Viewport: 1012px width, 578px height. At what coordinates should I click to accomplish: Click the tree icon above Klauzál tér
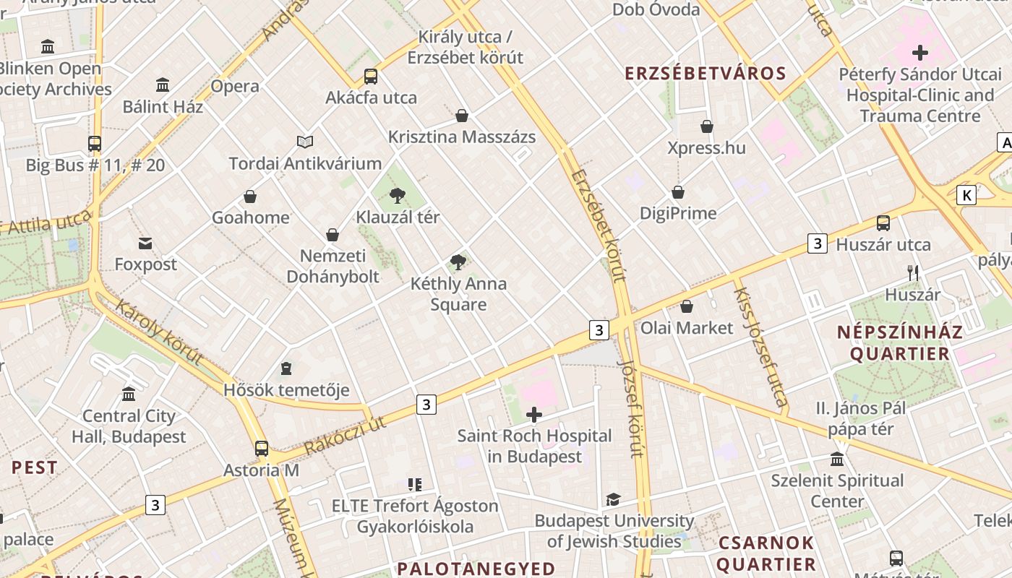coord(397,195)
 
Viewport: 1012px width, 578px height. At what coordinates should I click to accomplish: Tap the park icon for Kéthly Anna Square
coord(458,262)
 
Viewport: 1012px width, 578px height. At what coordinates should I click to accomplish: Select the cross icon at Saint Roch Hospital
coord(534,415)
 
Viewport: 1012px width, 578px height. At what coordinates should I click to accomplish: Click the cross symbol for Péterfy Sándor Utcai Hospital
coord(920,53)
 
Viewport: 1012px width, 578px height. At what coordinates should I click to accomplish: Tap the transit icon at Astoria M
coord(262,449)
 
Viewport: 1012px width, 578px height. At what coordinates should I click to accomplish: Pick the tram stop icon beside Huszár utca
coord(883,223)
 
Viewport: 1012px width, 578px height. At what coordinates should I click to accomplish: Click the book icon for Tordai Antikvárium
coord(305,142)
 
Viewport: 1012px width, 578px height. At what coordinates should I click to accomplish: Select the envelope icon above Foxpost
coord(145,243)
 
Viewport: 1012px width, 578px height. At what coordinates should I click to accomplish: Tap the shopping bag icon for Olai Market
coord(687,307)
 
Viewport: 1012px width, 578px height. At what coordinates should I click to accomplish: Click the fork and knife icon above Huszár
coord(913,273)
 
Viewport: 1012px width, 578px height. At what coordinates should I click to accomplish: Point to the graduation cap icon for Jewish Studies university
coord(613,499)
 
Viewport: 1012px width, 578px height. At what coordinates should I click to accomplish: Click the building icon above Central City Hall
coord(129,394)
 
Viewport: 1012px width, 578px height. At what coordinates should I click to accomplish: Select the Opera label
coord(235,86)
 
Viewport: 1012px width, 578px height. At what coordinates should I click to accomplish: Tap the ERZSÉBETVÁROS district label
coord(705,74)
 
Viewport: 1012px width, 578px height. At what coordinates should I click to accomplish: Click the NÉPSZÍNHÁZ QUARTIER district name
coord(899,342)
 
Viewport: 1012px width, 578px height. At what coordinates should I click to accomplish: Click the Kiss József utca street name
coord(760,347)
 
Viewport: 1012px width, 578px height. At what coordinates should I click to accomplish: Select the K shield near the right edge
coord(966,195)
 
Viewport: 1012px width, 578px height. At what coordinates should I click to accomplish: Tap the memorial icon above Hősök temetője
coord(286,369)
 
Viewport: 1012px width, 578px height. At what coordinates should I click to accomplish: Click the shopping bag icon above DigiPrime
coord(678,192)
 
